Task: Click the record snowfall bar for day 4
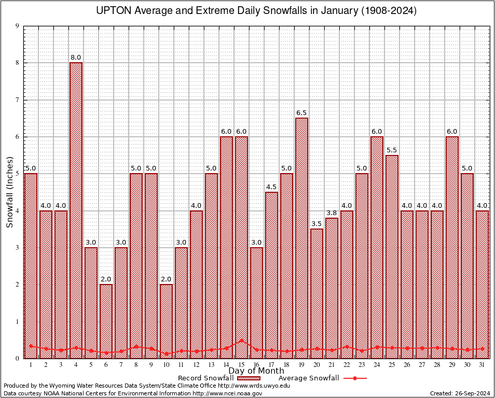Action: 76,207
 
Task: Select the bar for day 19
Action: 301,233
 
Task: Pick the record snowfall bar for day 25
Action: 392,254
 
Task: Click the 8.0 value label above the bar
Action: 76,58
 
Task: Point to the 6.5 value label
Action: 301,113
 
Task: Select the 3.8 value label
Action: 332,213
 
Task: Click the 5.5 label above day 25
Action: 392,150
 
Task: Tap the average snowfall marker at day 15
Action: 241,340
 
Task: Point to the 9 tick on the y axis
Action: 17,26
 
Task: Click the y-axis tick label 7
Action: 17,100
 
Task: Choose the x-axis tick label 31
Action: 482,364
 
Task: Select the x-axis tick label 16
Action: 256,364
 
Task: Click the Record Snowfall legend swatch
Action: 247,378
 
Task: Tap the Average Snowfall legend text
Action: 308,378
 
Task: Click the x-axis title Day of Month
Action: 256,371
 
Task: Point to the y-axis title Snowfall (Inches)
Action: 9,192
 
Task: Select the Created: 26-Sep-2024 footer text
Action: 460,393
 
